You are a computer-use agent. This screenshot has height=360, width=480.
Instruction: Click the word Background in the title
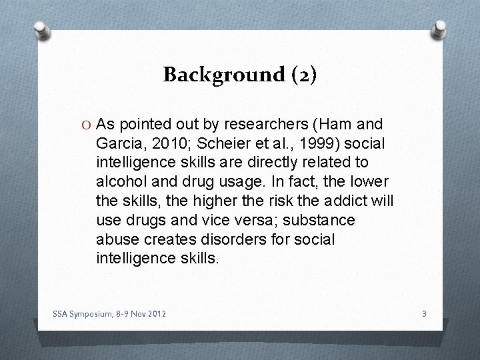(x=215, y=75)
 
